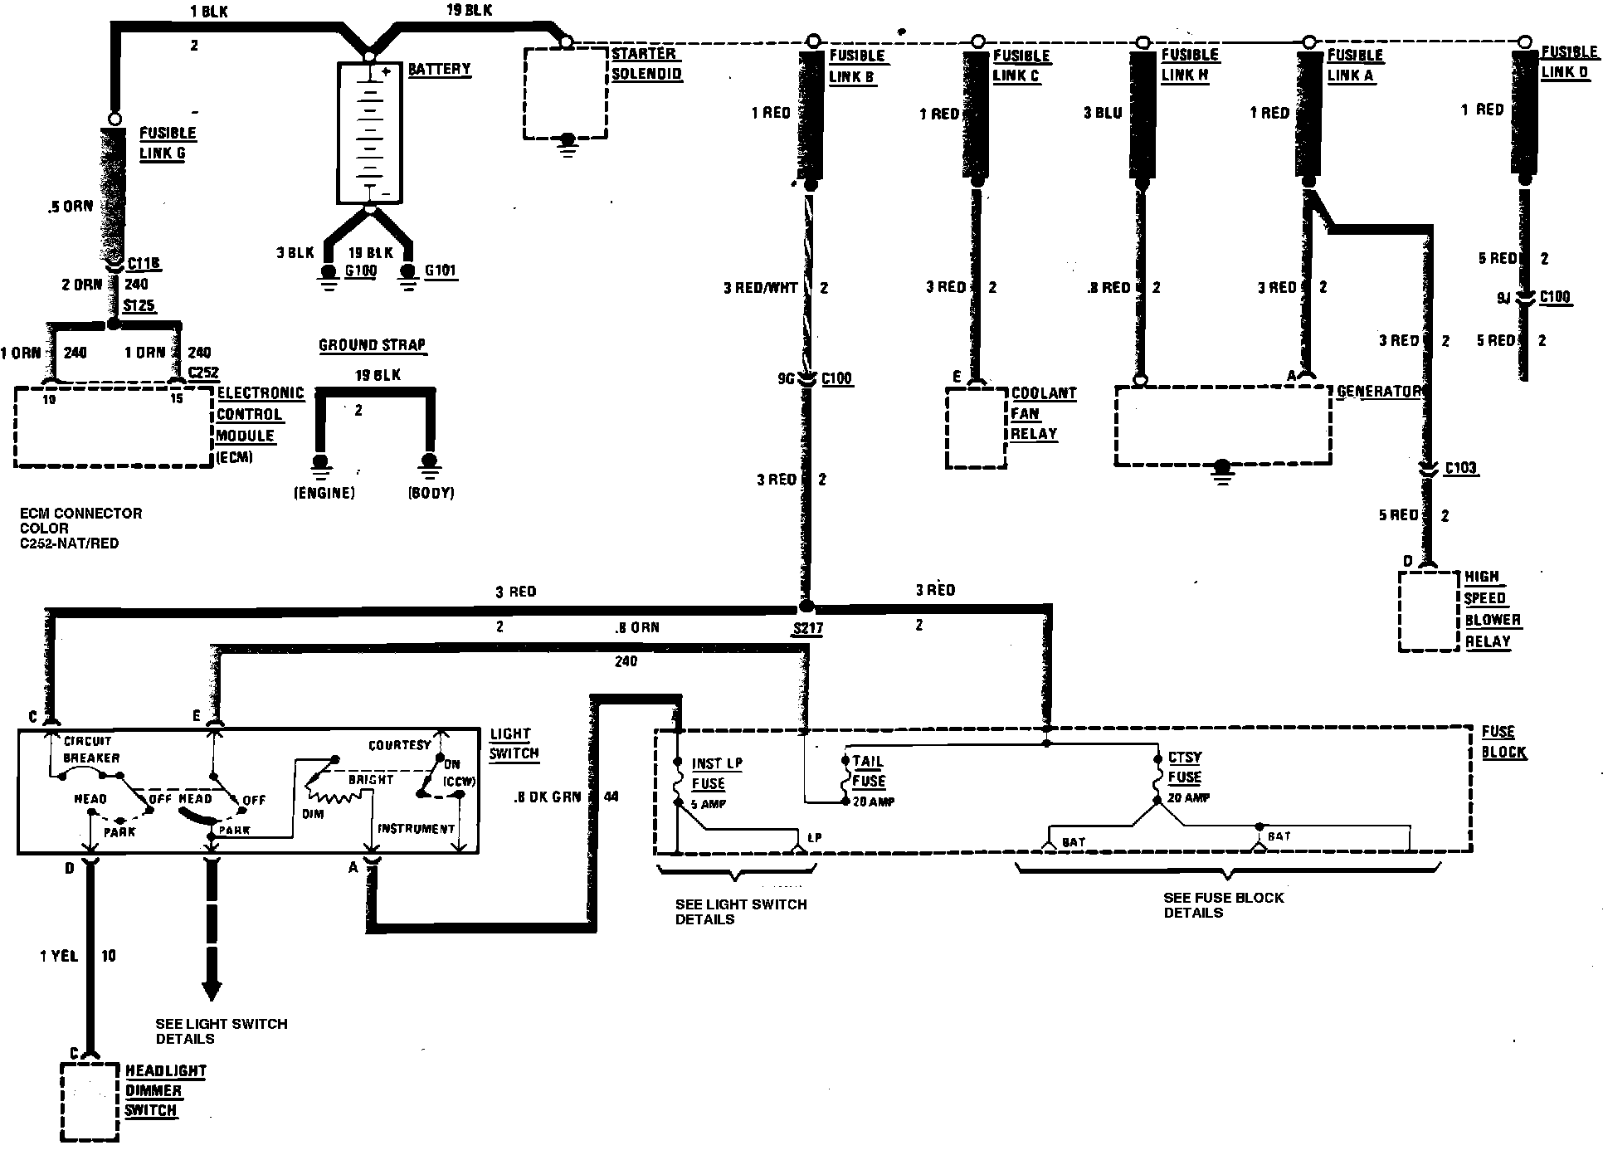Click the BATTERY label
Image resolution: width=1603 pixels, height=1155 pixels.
[439, 70]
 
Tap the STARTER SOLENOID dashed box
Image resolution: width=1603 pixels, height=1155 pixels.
[565, 93]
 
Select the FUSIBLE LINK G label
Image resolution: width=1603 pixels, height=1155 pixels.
[167, 144]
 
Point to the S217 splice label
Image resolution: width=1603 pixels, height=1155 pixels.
[806, 628]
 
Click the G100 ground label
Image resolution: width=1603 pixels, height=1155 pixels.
[360, 270]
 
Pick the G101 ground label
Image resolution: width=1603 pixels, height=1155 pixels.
[440, 270]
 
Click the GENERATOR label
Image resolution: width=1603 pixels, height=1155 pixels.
[1378, 391]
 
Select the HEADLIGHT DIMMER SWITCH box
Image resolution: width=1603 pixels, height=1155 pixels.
[89, 1101]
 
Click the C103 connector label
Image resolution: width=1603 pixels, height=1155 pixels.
[1460, 468]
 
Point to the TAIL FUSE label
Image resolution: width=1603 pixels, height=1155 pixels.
[868, 772]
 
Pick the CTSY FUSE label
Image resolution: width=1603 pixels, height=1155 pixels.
[1184, 768]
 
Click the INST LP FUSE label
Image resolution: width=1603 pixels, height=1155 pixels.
[717, 773]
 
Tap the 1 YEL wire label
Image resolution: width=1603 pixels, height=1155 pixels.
[59, 957]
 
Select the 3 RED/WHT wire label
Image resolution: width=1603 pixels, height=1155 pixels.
[760, 288]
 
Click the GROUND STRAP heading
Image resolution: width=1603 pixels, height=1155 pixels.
[372, 345]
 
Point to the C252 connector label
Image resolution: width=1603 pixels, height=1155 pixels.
[203, 373]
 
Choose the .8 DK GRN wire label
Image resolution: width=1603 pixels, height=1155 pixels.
[547, 797]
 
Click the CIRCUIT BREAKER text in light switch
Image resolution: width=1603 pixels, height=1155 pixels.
[91, 749]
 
